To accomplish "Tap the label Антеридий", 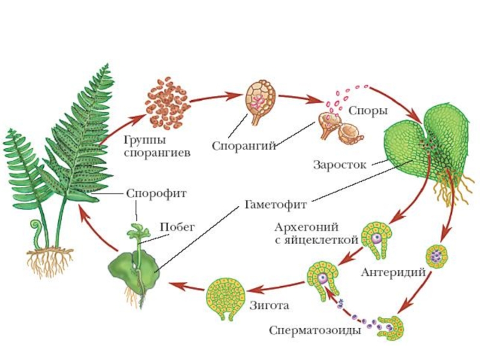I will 393,272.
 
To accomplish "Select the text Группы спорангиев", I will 157,146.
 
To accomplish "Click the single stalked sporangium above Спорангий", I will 260,99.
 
